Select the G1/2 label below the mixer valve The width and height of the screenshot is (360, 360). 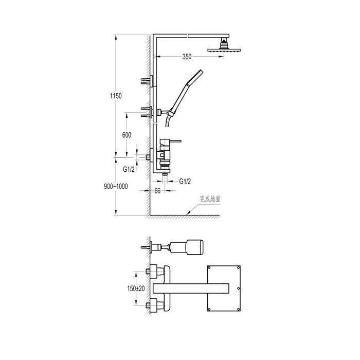tap(185, 182)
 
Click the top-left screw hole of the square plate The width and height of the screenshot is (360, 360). tap(210, 268)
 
